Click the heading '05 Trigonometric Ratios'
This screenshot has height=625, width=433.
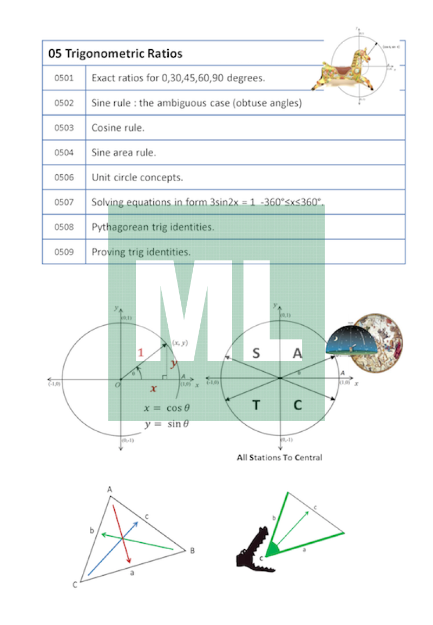pyautogui.click(x=115, y=54)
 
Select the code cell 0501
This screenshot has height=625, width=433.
pyautogui.click(x=64, y=78)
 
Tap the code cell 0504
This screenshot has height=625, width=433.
pyautogui.click(x=64, y=153)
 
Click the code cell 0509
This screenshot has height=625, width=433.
pyautogui.click(x=64, y=252)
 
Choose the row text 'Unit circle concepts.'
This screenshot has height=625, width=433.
pyautogui.click(x=137, y=177)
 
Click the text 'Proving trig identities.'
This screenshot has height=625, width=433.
pyautogui.click(x=141, y=252)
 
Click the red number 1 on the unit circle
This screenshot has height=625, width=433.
pyautogui.click(x=140, y=353)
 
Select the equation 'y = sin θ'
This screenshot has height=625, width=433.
pyautogui.click(x=167, y=424)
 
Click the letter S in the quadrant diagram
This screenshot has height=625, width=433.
pyautogui.click(x=256, y=353)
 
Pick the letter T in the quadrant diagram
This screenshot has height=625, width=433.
pyautogui.click(x=256, y=405)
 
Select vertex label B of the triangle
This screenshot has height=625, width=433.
pyautogui.click(x=192, y=551)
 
